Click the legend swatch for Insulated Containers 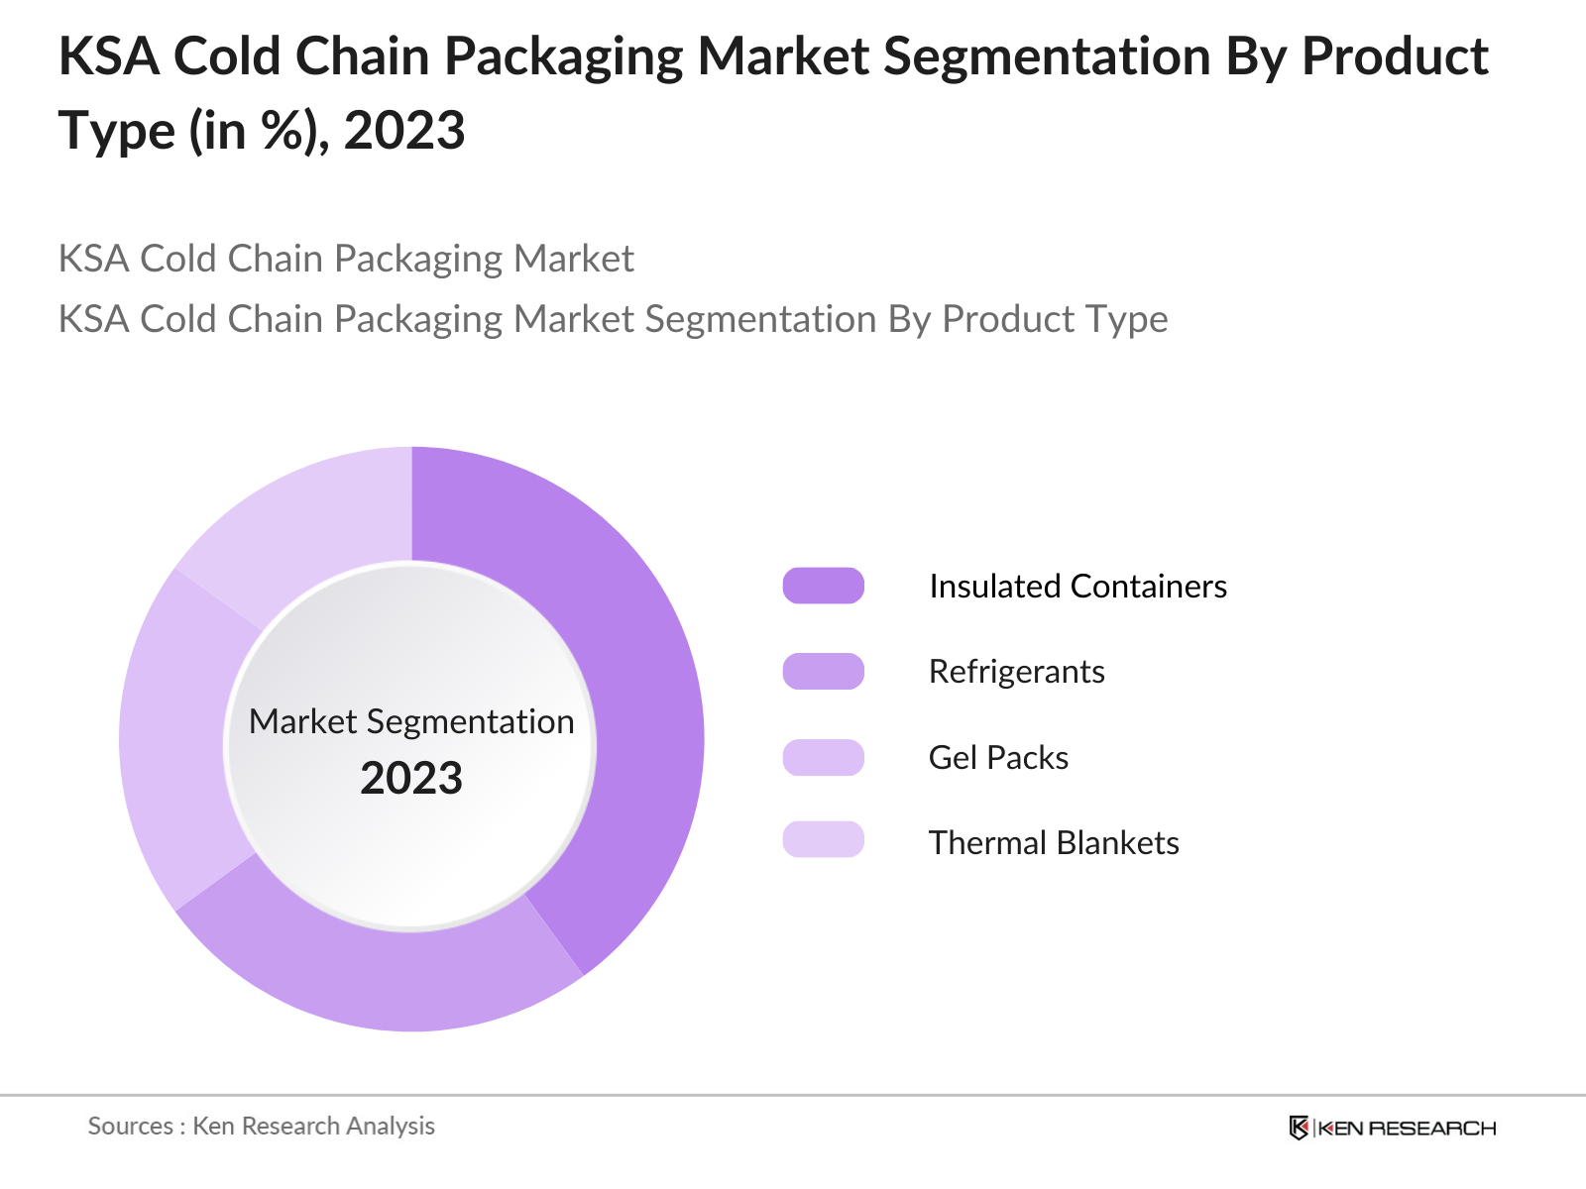point(823,586)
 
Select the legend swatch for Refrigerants point(823,672)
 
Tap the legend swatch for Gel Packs point(823,757)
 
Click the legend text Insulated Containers point(1077,586)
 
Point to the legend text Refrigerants point(1016,672)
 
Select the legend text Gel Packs point(998,757)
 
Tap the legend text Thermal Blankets point(1054,842)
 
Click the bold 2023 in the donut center point(411,778)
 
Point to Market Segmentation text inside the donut point(411,721)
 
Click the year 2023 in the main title point(404,131)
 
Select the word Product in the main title point(1395,56)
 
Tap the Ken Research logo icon point(1299,1128)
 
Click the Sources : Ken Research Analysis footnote point(261,1126)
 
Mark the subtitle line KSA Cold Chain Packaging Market point(346,259)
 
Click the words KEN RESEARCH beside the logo point(1407,1128)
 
